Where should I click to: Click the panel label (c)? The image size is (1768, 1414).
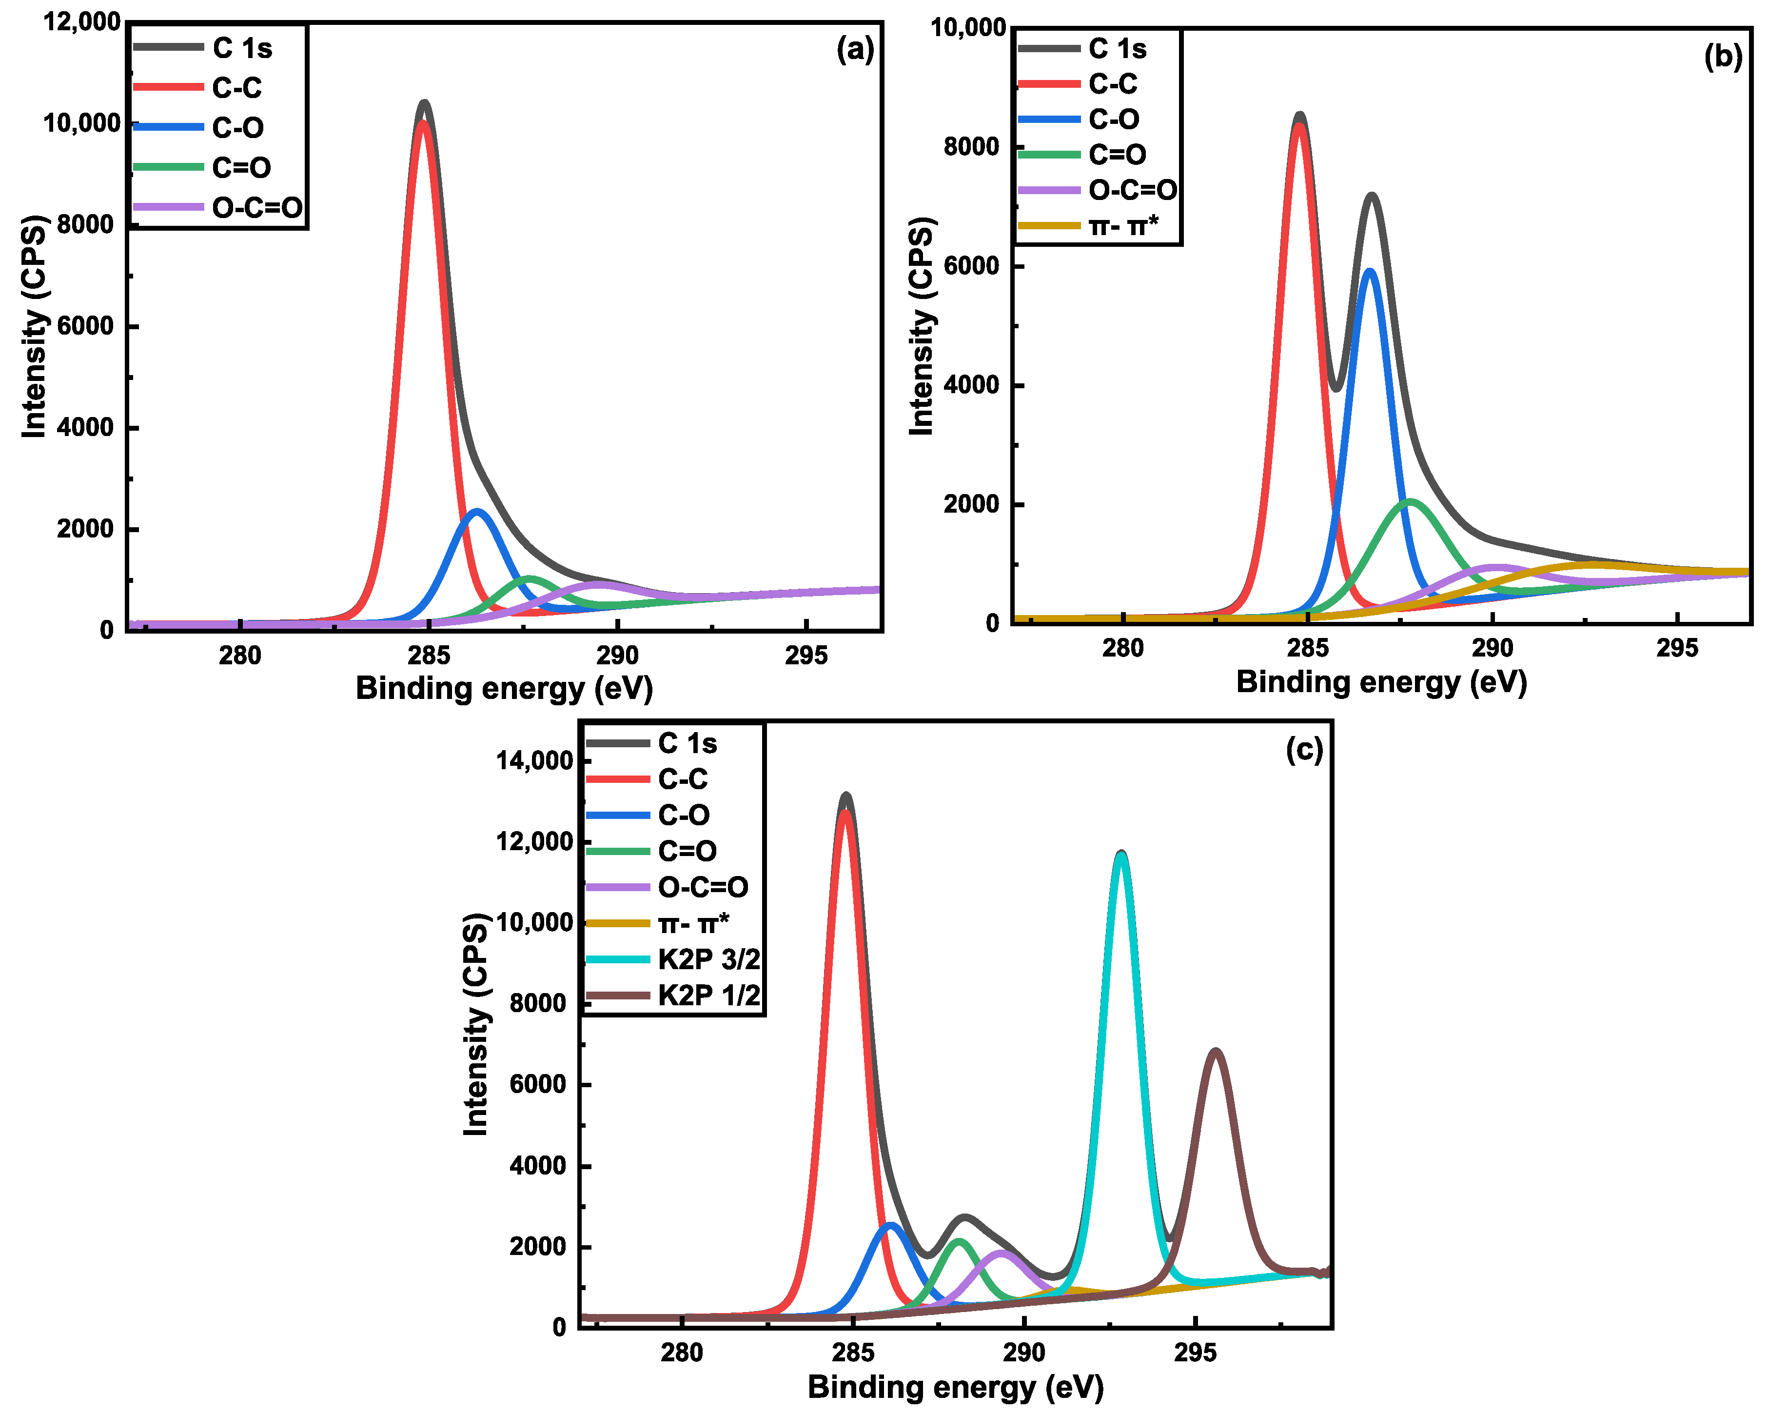tap(1304, 749)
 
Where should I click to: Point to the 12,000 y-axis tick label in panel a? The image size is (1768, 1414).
tap(82, 21)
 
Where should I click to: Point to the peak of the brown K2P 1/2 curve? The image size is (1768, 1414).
tap(1216, 1052)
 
